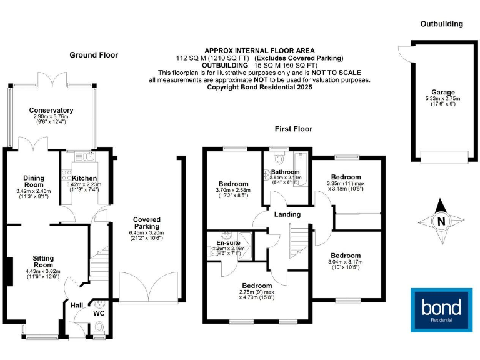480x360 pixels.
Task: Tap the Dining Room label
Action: pos(33,181)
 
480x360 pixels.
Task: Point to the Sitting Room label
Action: pos(43,262)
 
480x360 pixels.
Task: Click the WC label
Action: pos(99,313)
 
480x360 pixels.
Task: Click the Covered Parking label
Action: pos(147,223)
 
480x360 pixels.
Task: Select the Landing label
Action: pos(287,214)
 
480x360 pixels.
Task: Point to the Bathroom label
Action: pos(285,172)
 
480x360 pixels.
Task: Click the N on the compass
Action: pos(441,221)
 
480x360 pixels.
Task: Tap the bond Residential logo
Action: pos(441,309)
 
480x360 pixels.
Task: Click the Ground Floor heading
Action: pos(94,55)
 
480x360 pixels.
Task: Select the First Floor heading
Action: pos(294,129)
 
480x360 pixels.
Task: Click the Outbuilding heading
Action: pos(441,24)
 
